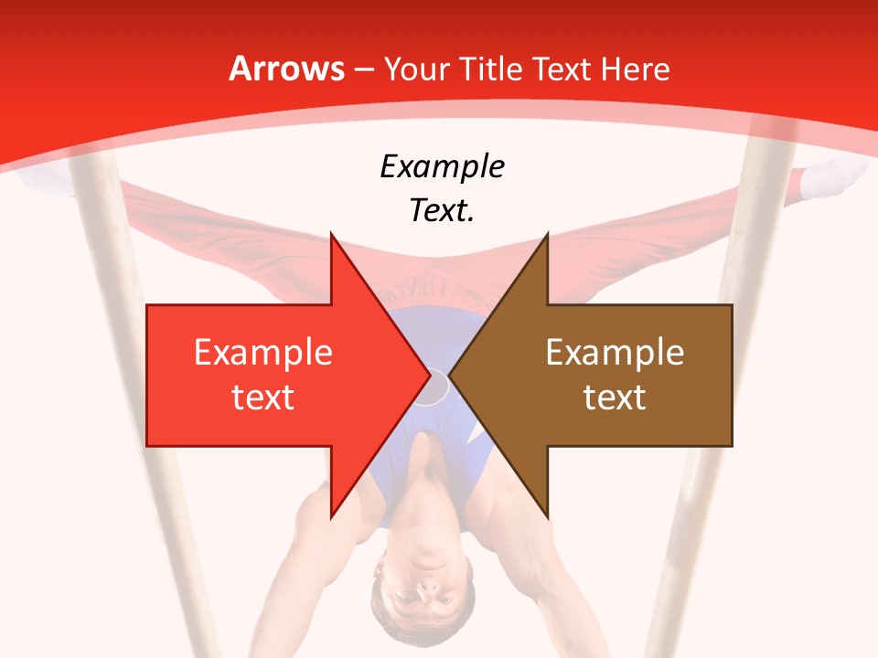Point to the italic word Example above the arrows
pyautogui.click(x=442, y=166)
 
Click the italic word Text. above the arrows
pyautogui.click(x=442, y=211)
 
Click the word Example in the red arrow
pyautogui.click(x=263, y=353)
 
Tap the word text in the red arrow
pyautogui.click(x=263, y=398)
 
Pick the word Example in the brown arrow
pyautogui.click(x=615, y=353)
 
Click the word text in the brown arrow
pyautogui.click(x=615, y=398)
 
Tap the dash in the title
pyautogui.click(x=364, y=70)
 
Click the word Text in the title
pyautogui.click(x=562, y=69)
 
